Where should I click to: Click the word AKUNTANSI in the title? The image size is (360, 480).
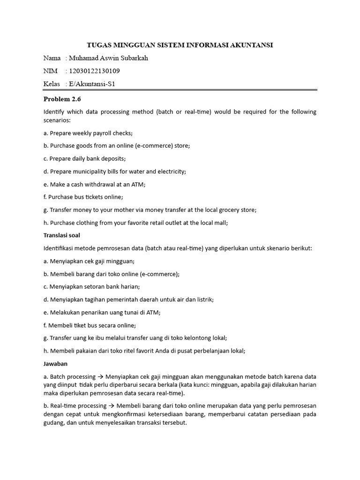point(250,45)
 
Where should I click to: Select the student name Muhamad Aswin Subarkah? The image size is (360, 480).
point(108,58)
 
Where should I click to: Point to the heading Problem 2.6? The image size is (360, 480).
point(62,99)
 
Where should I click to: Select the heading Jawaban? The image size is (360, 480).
point(56,363)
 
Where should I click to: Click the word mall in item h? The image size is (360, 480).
point(221,223)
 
